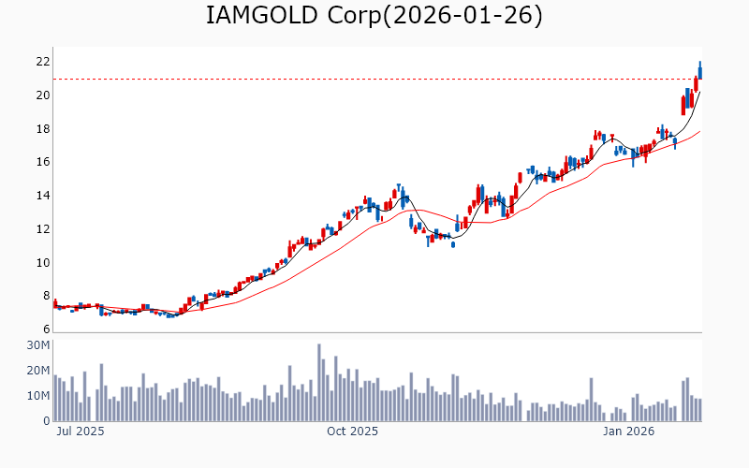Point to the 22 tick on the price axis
[x=42, y=62]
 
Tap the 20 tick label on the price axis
[x=42, y=95]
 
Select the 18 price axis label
[x=42, y=129]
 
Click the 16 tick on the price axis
[x=42, y=162]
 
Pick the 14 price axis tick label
[x=42, y=196]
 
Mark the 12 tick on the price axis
[x=42, y=229]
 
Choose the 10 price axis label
[x=42, y=263]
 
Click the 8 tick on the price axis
[x=45, y=296]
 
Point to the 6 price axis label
[x=45, y=329]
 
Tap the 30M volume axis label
[x=38, y=345]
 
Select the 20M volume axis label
[x=38, y=371]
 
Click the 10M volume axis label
[x=38, y=396]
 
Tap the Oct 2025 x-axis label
[x=352, y=431]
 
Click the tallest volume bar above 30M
[x=319, y=383]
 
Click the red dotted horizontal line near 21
[x=374, y=79]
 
